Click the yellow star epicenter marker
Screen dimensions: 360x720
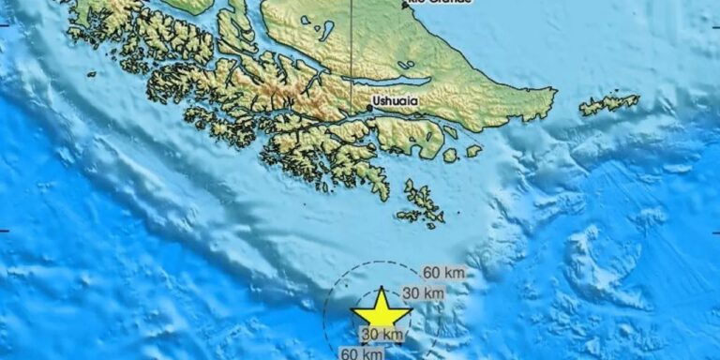(x=381, y=310)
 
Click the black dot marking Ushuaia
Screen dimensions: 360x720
(x=368, y=108)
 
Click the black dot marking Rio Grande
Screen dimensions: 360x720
(x=405, y=4)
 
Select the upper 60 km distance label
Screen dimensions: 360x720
(x=443, y=273)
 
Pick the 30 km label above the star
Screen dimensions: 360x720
(x=422, y=293)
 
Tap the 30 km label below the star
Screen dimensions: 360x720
(x=382, y=335)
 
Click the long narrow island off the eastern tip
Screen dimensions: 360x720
(x=609, y=104)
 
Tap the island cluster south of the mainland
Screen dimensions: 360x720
(x=421, y=204)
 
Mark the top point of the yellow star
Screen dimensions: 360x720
(x=381, y=288)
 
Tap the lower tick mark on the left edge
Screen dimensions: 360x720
(x=4, y=230)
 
